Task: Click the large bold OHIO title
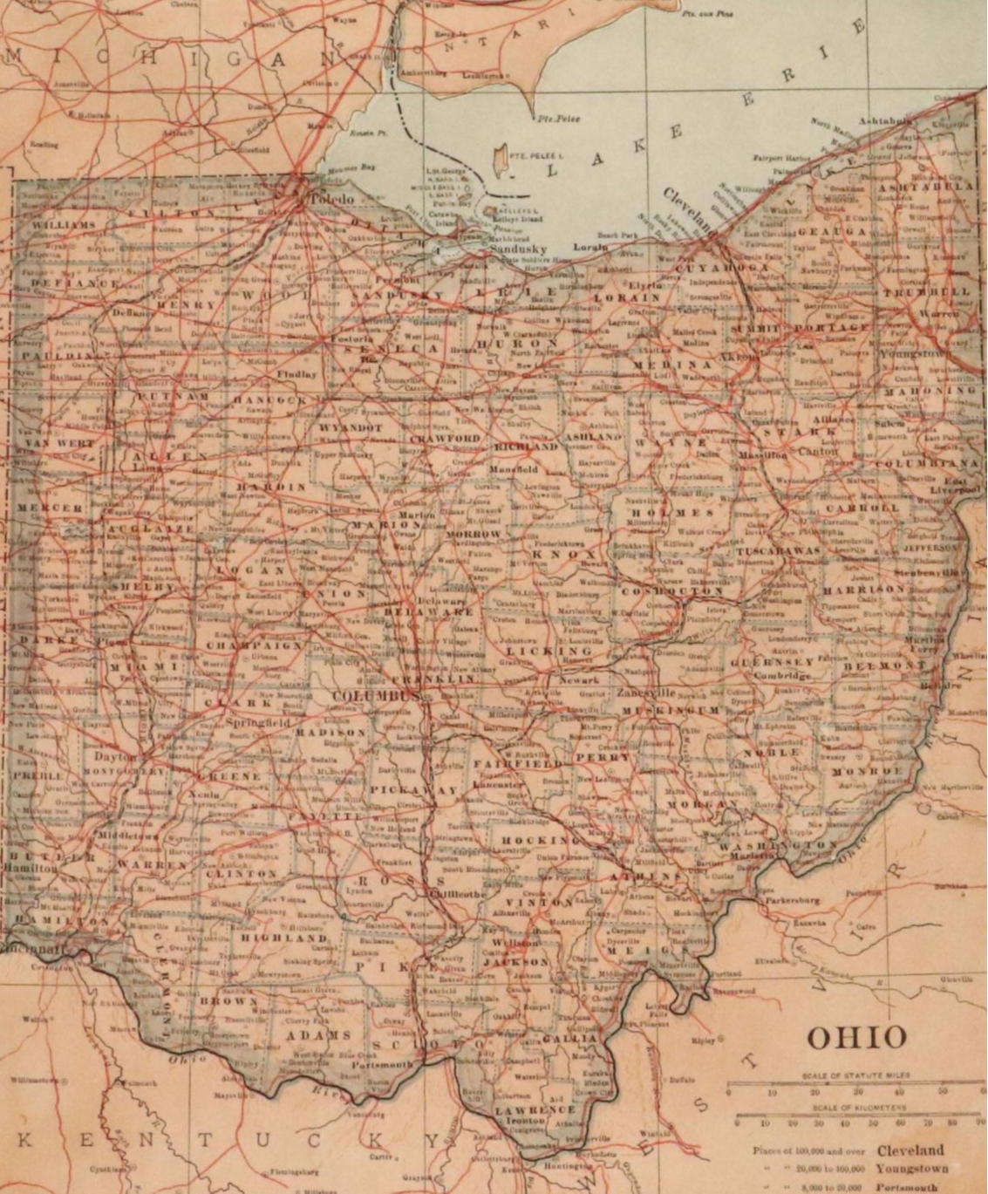(x=856, y=1037)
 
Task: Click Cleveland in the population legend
(x=910, y=1150)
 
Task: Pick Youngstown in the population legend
(x=912, y=1168)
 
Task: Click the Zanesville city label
(x=646, y=693)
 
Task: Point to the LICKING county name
(x=549, y=651)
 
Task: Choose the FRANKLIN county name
(x=433, y=679)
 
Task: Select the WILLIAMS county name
(x=64, y=225)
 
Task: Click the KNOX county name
(x=564, y=555)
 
